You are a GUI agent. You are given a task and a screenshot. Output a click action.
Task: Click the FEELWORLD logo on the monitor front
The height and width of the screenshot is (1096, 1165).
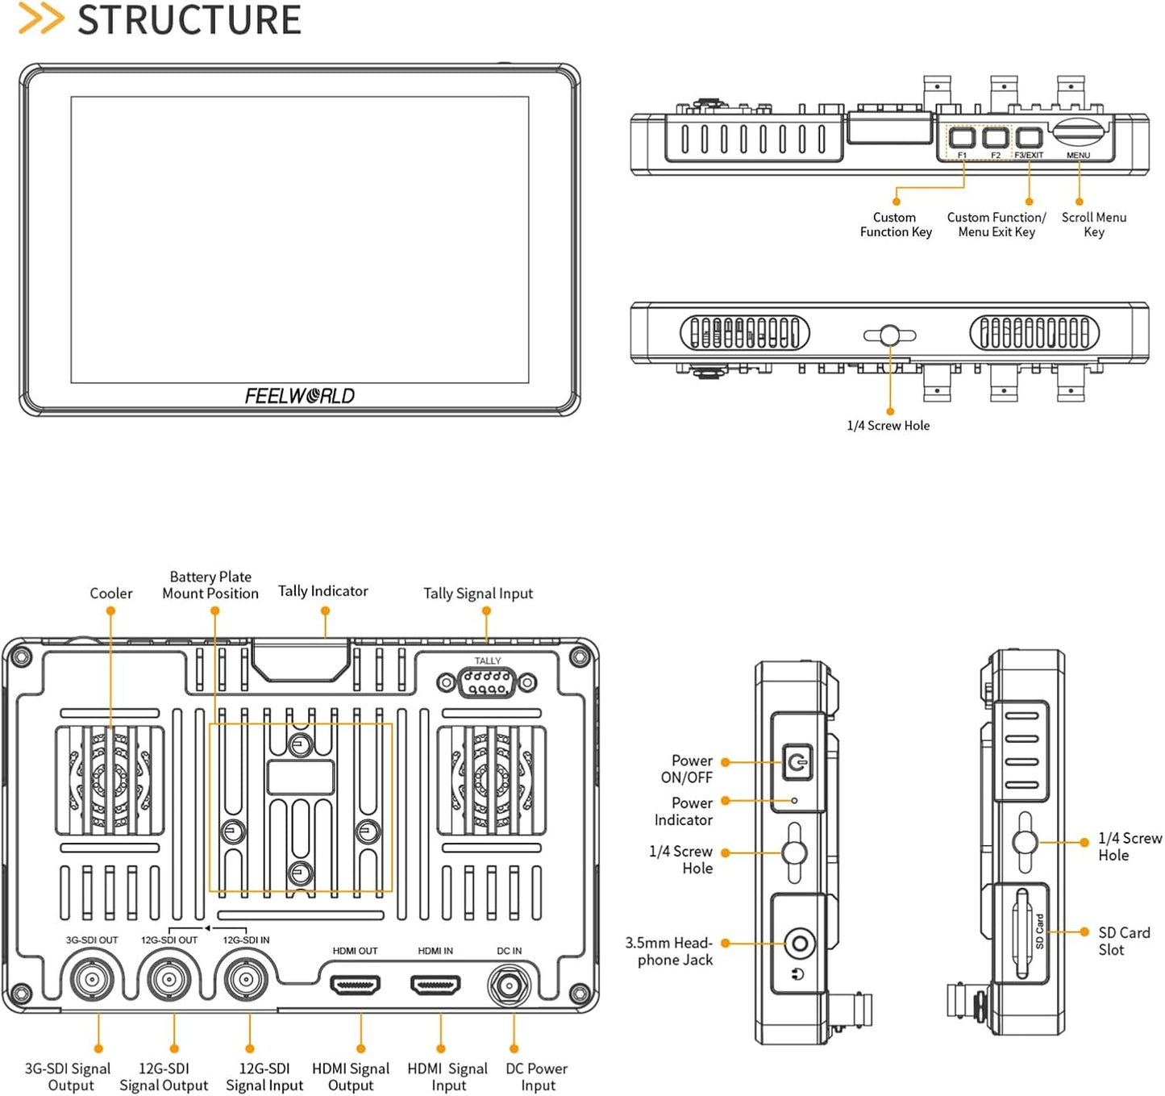tap(299, 396)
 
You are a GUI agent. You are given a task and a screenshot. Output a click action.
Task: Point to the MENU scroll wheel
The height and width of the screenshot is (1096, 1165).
tap(1078, 131)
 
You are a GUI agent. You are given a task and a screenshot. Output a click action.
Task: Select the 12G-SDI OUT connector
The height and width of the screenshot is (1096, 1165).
tap(169, 980)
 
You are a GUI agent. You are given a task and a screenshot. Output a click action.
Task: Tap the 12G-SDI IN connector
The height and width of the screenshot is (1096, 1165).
tap(245, 980)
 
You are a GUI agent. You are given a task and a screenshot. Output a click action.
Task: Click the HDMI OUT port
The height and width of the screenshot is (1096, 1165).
tap(355, 985)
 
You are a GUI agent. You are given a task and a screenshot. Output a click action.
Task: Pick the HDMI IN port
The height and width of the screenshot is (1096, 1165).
tap(435, 985)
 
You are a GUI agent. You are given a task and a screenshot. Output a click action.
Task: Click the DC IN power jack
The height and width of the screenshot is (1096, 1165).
tap(509, 985)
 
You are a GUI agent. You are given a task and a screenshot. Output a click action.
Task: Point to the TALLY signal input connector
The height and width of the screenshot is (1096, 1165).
tap(487, 683)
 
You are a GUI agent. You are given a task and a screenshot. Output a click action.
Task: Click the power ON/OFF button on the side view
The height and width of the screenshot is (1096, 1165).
tap(797, 761)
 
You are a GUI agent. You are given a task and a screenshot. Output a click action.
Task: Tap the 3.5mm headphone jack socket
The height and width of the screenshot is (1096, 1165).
tap(799, 942)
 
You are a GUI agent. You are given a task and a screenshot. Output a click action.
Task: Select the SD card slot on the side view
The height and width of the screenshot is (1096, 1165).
tap(1021, 932)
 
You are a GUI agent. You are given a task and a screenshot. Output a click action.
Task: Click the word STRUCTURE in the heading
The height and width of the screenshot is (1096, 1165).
tap(189, 20)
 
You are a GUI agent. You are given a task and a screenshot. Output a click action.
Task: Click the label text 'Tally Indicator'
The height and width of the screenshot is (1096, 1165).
tap(322, 591)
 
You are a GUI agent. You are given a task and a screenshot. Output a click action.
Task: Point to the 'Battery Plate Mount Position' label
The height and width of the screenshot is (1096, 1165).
tap(210, 586)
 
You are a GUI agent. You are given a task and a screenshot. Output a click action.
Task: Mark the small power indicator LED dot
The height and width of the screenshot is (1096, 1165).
tap(794, 801)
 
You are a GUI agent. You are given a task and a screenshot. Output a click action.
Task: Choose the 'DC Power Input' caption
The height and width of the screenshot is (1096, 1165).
tap(537, 1077)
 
